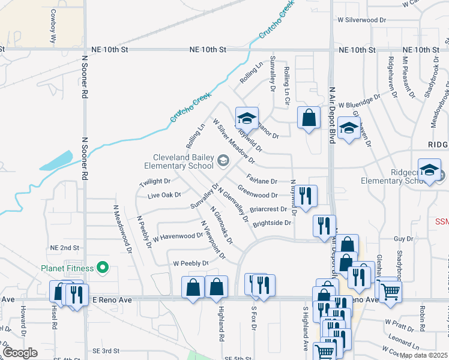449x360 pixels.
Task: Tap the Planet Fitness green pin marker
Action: [103, 268]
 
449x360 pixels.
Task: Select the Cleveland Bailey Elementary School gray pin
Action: [223, 160]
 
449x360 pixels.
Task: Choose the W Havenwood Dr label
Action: [178, 236]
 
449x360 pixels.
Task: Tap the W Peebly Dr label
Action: [190, 263]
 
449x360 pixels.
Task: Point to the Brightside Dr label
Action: [272, 223]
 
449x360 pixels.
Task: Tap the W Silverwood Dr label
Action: [361, 20]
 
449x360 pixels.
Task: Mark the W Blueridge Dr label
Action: [360, 101]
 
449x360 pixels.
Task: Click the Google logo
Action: [20, 353]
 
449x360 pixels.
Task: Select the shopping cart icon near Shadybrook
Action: [391, 292]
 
